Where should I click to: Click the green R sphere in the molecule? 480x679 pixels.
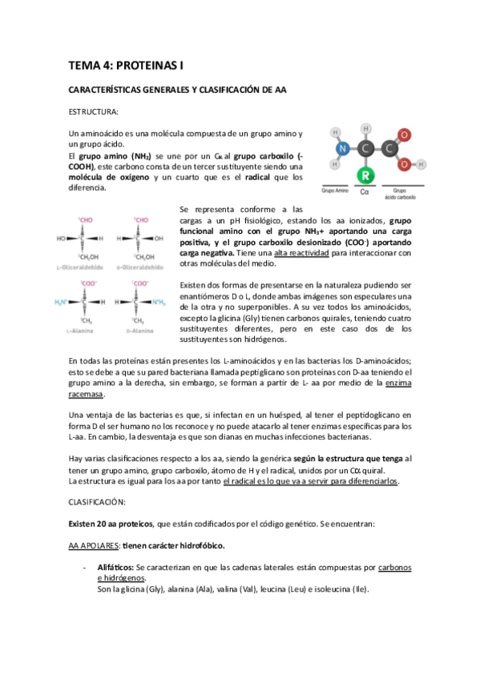(x=365, y=175)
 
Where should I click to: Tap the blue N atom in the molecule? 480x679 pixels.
(x=342, y=148)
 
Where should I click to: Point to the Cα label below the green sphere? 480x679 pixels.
(x=365, y=192)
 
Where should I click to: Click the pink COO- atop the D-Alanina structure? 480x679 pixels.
(x=142, y=283)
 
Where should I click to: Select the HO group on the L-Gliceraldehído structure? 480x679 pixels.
(x=61, y=238)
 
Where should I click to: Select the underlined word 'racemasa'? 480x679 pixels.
(x=87, y=395)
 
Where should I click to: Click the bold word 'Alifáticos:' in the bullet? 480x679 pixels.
(x=121, y=568)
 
